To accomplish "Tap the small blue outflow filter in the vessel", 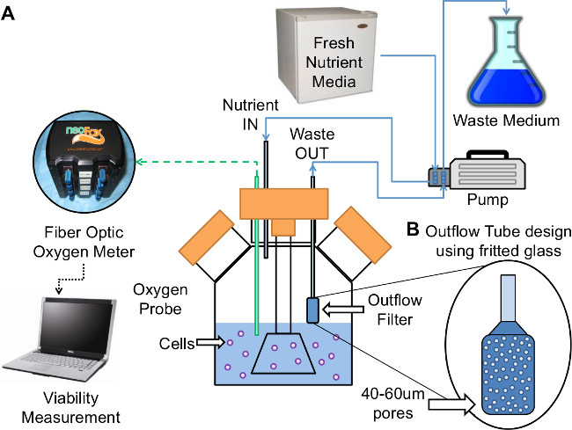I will tap(312, 310).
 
